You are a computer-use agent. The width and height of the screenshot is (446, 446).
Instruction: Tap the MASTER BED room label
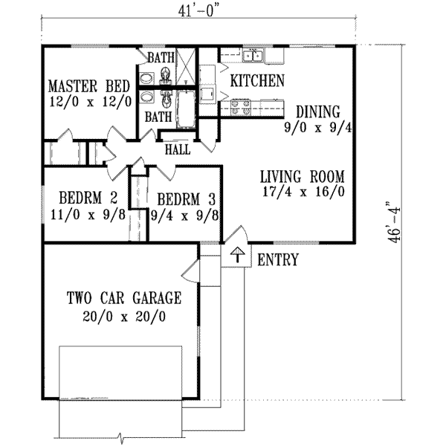pos(89,85)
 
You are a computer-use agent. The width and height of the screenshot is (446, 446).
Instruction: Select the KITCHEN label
pos(256,80)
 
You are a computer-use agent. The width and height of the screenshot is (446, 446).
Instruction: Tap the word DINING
pos(317,111)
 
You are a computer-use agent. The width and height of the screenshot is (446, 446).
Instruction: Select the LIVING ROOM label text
pos(303,177)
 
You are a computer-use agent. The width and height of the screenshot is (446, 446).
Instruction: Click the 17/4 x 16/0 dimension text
pos(303,192)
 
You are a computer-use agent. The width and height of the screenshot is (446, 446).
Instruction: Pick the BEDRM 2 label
pos(88,198)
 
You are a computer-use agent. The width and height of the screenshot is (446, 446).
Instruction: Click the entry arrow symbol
pos(236,256)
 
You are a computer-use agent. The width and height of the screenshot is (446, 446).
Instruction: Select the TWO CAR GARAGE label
pos(124,299)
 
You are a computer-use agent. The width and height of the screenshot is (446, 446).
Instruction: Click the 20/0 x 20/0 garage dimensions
pos(124,315)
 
